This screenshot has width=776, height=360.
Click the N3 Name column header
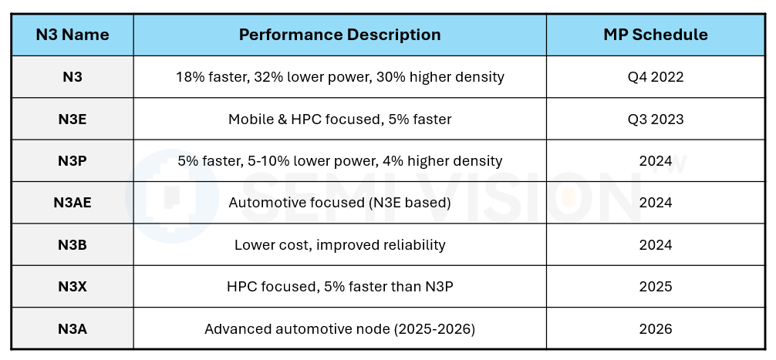click(73, 35)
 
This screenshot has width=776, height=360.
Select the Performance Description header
click(339, 35)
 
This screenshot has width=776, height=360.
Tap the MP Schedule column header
click(655, 35)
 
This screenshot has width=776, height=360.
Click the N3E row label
click(73, 119)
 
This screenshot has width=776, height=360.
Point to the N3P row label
click(73, 160)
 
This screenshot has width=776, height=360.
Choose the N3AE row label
click(73, 203)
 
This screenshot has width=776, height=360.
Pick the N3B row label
click(73, 245)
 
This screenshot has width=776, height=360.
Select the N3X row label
click(73, 287)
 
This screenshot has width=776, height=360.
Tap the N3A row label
click(73, 329)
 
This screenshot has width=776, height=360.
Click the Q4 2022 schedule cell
click(655, 77)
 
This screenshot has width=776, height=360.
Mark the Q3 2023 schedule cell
click(655, 119)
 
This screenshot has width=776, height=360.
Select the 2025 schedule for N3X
click(655, 287)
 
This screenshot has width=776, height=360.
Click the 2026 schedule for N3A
click(655, 329)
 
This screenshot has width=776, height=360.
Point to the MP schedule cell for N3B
click(655, 245)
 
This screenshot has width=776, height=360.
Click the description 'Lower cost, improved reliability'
click(339, 245)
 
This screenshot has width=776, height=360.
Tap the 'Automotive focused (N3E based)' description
click(339, 203)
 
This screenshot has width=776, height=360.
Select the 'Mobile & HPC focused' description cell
click(339, 119)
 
